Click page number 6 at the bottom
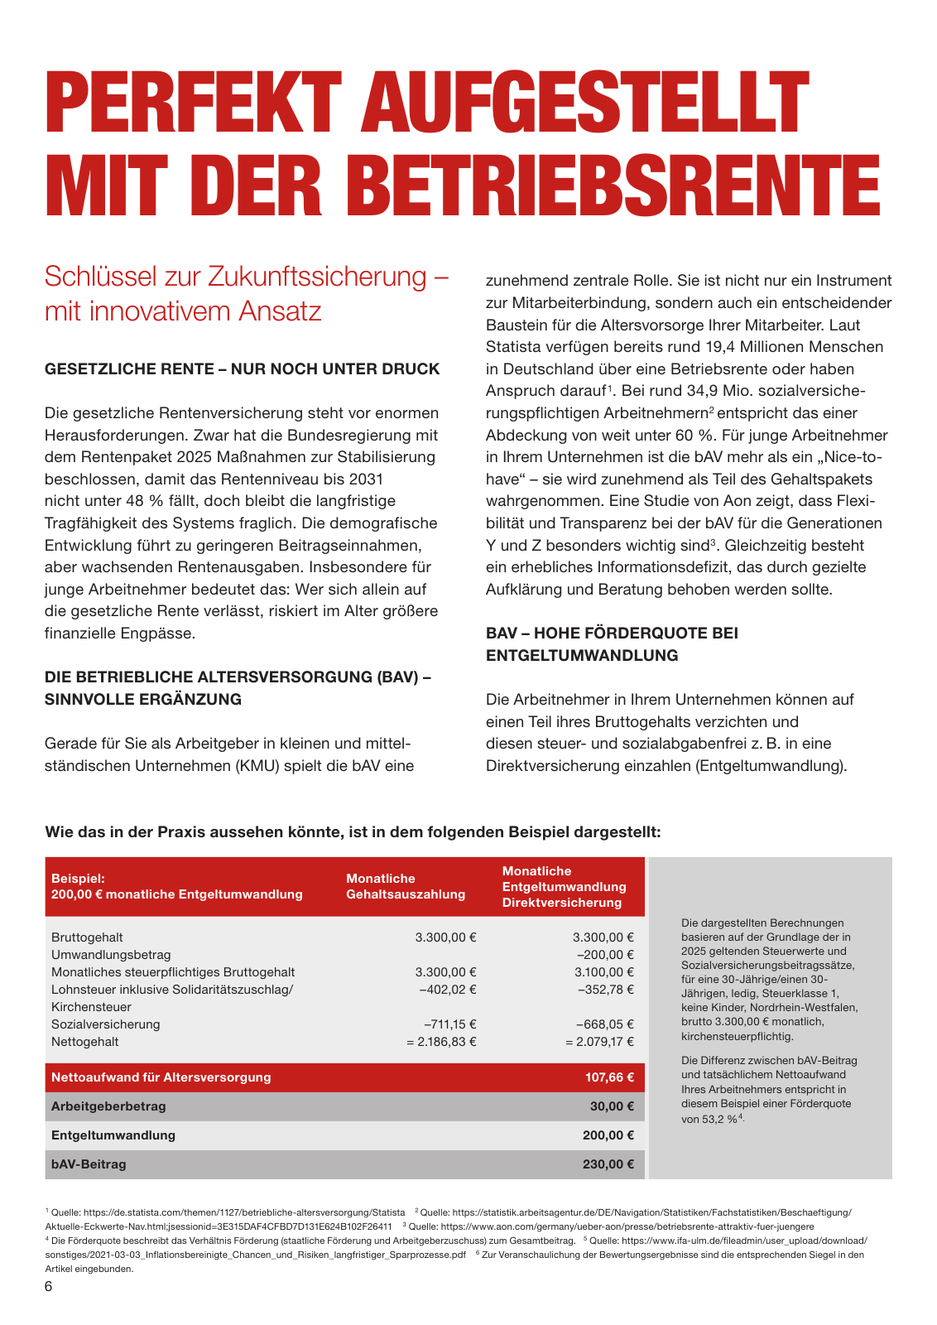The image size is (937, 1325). pyautogui.click(x=49, y=1286)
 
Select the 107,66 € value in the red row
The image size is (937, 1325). pyautogui.click(x=609, y=1077)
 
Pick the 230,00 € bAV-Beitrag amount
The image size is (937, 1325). pyautogui.click(x=608, y=1164)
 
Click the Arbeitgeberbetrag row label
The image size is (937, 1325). pyautogui.click(x=108, y=1106)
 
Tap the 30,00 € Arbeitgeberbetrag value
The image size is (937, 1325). pyautogui.click(x=613, y=1106)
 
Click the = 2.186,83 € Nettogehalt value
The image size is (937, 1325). pyautogui.click(x=441, y=1042)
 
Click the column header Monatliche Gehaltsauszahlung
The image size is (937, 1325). pyautogui.click(x=406, y=886)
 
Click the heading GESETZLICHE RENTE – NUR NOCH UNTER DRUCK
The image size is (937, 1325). pyautogui.click(x=242, y=369)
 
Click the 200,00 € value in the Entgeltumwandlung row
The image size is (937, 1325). pyautogui.click(x=608, y=1135)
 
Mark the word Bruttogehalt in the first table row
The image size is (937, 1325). pyautogui.click(x=87, y=937)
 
